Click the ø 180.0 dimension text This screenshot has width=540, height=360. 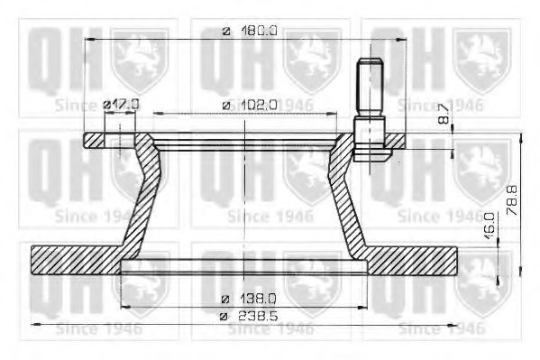coord(249,32)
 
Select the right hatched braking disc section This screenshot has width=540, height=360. coord(424,258)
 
